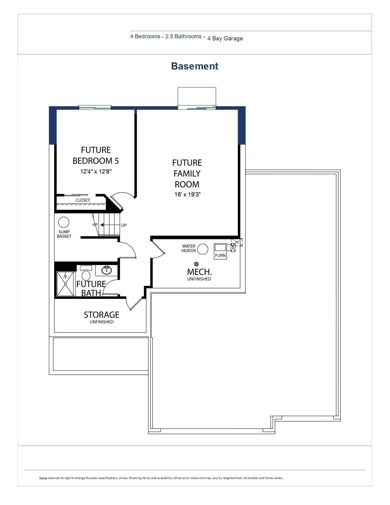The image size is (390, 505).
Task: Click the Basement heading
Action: click(x=195, y=66)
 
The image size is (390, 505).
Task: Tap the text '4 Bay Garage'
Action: click(x=225, y=39)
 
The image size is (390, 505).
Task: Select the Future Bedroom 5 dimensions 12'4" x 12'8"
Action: click(x=96, y=171)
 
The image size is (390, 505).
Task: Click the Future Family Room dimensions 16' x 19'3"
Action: click(x=187, y=195)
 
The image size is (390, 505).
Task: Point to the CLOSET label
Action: click(x=83, y=200)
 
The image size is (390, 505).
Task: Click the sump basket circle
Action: click(x=64, y=222)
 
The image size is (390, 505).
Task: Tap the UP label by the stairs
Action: click(x=124, y=225)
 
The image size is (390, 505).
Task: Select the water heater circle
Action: click(x=202, y=249)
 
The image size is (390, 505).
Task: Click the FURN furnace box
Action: click(x=220, y=251)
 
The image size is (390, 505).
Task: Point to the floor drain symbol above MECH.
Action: click(x=196, y=264)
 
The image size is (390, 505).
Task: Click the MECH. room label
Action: click(x=199, y=272)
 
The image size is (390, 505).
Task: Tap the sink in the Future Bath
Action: click(x=106, y=270)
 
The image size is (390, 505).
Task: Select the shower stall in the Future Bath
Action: click(x=65, y=284)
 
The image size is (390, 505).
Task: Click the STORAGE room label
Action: click(x=102, y=315)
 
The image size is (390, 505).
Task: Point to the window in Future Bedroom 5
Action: click(x=95, y=107)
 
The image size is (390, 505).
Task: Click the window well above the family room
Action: click(x=197, y=96)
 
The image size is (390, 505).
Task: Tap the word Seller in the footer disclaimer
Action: click(x=43, y=478)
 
